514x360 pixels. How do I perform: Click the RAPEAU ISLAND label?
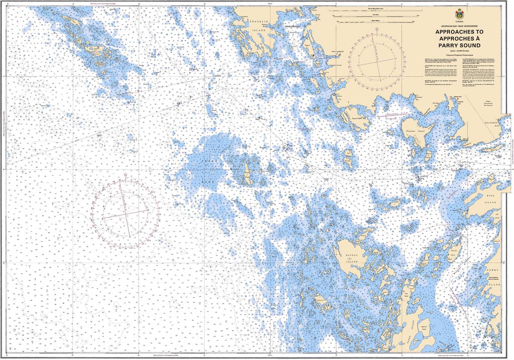(x=351, y=258)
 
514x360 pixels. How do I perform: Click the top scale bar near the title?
(x=374, y=10)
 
